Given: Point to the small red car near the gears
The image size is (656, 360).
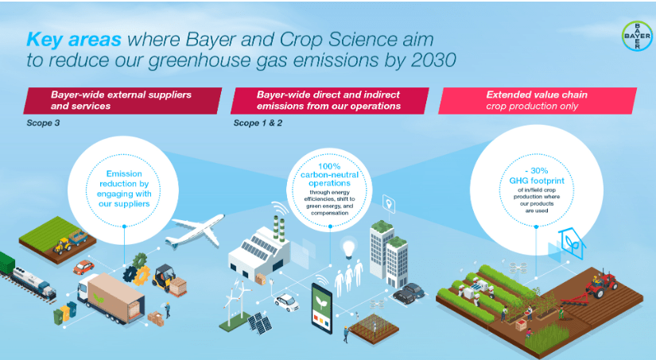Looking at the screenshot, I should (84, 266).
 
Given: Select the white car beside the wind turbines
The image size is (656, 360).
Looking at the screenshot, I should (286, 302).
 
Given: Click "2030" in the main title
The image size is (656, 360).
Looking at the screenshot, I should (429, 60).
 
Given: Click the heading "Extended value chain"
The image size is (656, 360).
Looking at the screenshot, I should (537, 95).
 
